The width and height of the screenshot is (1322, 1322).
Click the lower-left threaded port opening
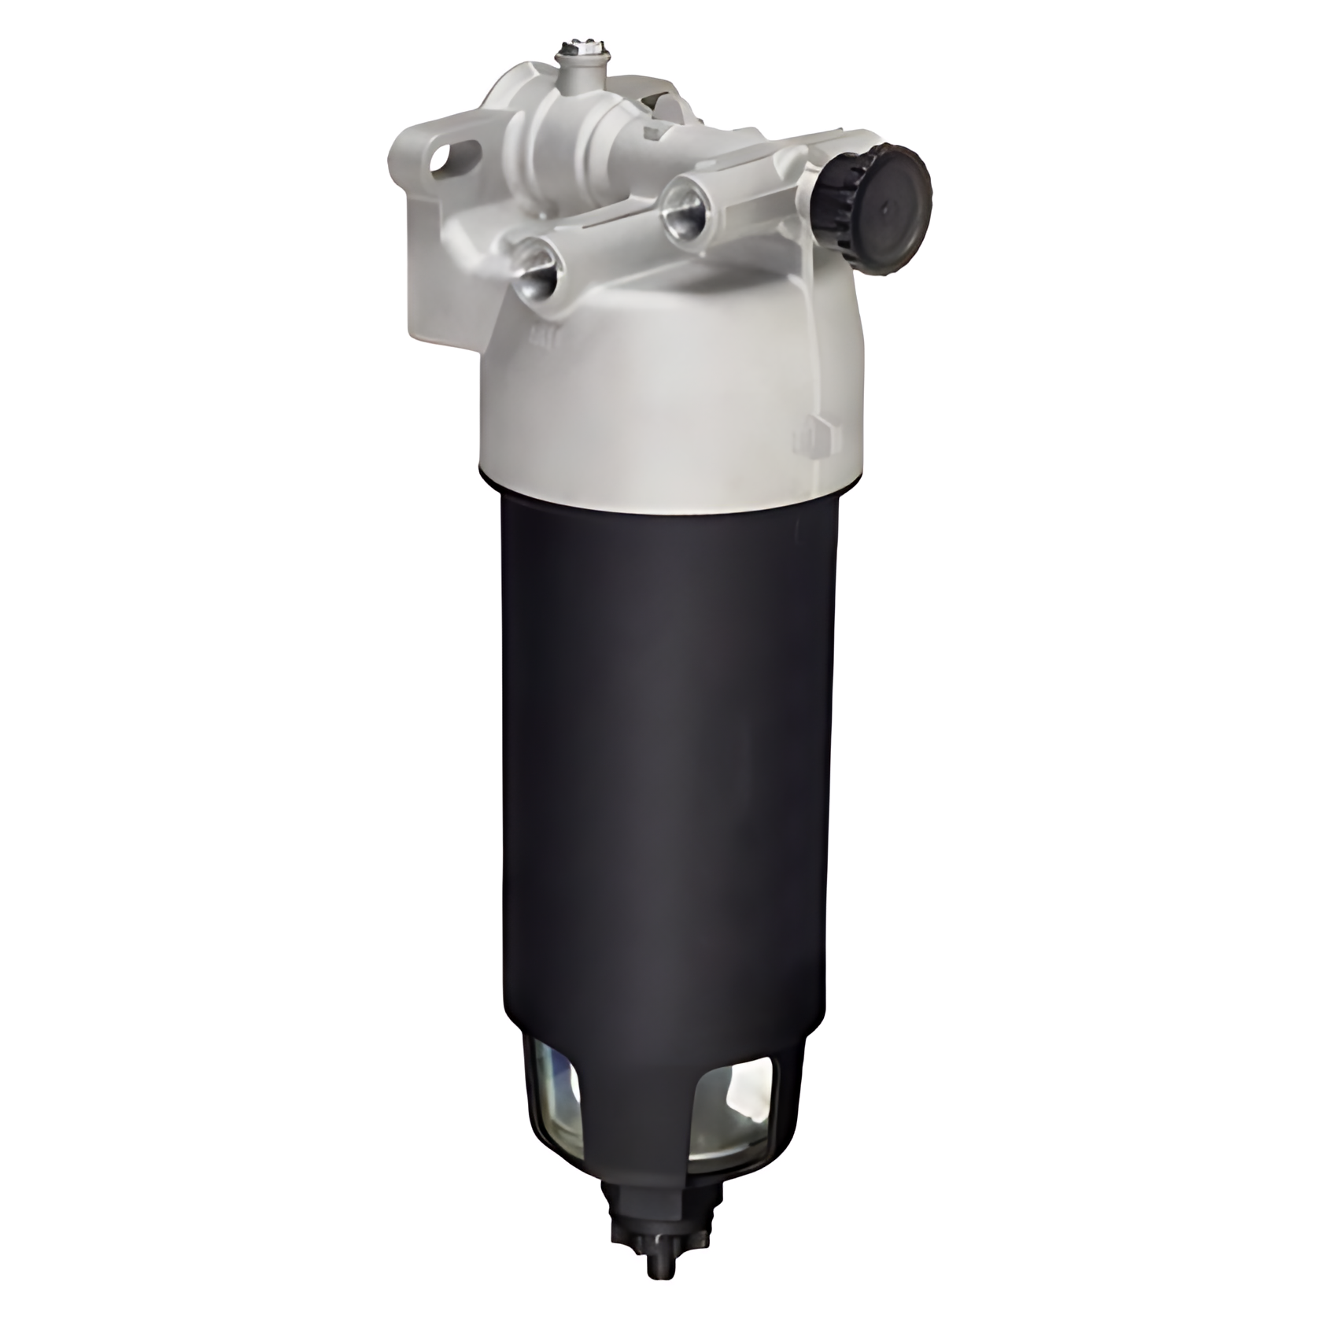pos(537,271)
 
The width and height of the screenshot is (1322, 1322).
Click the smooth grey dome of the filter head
pos(669,393)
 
